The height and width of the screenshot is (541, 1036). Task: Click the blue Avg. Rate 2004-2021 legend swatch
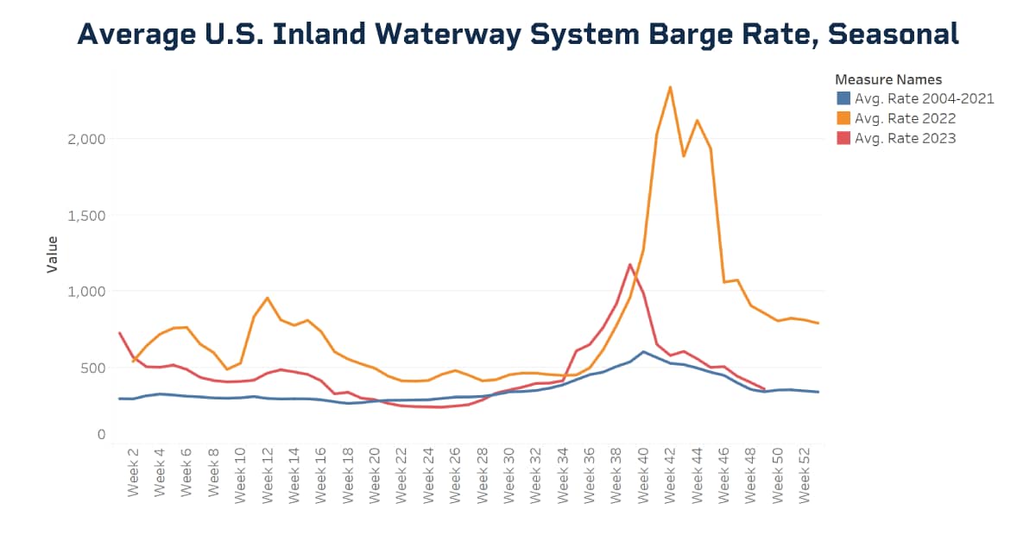[843, 98]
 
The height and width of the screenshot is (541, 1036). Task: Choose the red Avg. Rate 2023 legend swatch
[843, 138]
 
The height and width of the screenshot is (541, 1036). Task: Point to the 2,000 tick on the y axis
[85, 139]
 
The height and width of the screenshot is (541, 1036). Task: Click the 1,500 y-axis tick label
[85, 215]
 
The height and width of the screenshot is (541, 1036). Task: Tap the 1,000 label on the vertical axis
[85, 292]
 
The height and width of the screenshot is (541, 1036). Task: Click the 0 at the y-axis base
[101, 436]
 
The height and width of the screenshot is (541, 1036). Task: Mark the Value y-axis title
[53, 254]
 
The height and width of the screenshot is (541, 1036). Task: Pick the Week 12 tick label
[268, 475]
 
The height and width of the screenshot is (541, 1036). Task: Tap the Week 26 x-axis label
[455, 475]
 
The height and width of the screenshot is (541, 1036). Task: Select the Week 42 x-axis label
[670, 475]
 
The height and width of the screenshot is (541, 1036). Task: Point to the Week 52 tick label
[805, 475]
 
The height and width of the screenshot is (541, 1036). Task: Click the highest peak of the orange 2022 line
[670, 86]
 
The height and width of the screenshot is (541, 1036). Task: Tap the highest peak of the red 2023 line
[630, 264]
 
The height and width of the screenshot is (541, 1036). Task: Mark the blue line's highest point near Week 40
[643, 351]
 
